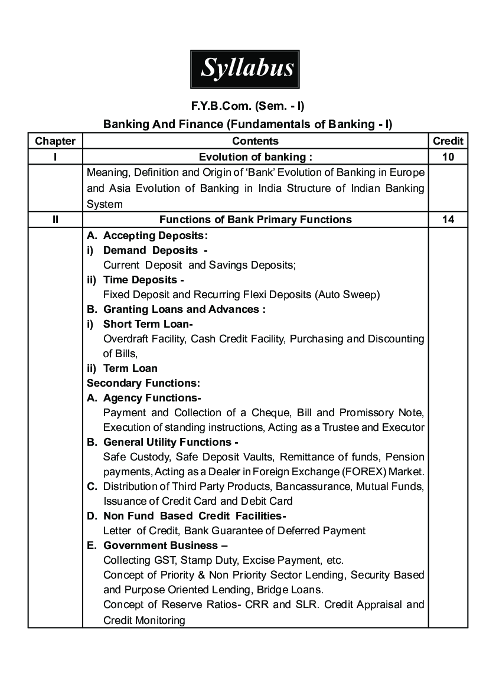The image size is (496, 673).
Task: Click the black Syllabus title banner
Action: tap(247, 69)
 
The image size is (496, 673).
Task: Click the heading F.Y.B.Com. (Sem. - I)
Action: tap(247, 106)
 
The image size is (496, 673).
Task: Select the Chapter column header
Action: tap(55, 141)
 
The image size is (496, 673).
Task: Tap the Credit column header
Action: tap(448, 141)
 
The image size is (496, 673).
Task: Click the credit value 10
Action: tap(448, 156)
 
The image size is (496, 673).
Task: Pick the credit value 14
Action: tap(448, 220)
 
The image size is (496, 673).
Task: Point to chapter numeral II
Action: tap(55, 220)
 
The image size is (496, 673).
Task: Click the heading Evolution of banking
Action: tap(255, 156)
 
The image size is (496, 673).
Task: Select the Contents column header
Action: tap(255, 141)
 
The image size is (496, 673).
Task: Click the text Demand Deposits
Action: tap(150, 250)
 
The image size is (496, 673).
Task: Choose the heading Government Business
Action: tap(161, 545)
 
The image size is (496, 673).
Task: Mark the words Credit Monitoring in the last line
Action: tap(144, 620)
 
